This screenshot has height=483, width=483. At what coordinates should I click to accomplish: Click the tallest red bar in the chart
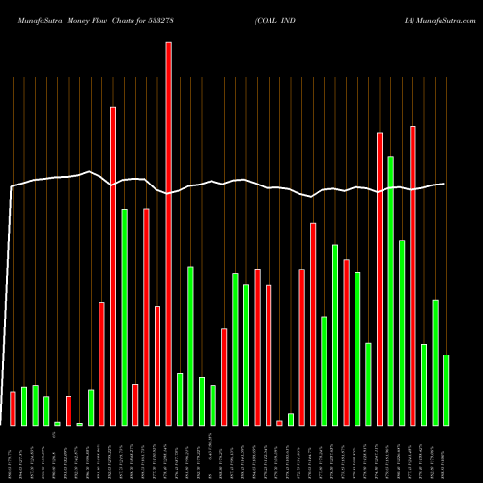[168, 233]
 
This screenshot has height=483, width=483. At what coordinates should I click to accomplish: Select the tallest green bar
[390, 291]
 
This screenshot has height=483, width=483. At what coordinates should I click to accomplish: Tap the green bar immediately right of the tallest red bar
[180, 399]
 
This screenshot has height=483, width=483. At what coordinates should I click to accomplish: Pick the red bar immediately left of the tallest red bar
[157, 366]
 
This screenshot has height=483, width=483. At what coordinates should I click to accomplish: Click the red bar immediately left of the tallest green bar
[380, 279]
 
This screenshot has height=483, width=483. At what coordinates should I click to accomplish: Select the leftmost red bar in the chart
[13, 409]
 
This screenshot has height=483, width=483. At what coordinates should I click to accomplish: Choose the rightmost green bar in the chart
[446, 390]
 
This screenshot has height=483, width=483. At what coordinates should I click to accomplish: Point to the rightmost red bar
[412, 275]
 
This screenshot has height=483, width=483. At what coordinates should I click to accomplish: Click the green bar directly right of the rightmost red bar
[424, 384]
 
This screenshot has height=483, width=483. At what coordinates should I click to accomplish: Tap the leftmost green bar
[24, 407]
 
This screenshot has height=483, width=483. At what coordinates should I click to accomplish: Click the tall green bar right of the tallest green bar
[402, 332]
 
